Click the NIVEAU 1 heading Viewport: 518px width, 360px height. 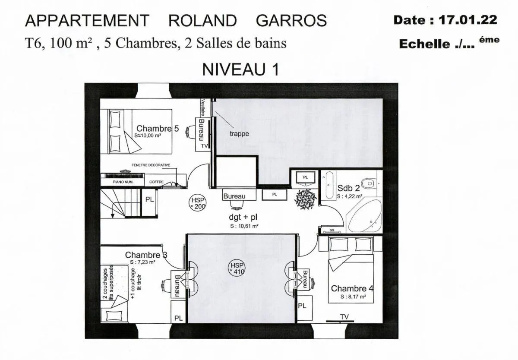point(240,69)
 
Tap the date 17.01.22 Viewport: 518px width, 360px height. point(468,20)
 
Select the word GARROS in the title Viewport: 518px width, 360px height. point(292,20)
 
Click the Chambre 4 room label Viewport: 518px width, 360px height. point(348,288)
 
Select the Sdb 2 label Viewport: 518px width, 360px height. point(348,188)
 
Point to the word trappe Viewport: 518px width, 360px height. point(239,134)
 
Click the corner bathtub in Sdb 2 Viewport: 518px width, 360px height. point(365,216)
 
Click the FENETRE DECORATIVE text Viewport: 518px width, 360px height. point(151,165)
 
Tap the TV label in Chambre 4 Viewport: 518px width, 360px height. point(344,317)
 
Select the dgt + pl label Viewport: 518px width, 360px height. point(243,217)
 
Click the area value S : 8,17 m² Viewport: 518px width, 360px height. point(353,297)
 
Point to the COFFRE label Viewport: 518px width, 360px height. point(156,182)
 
